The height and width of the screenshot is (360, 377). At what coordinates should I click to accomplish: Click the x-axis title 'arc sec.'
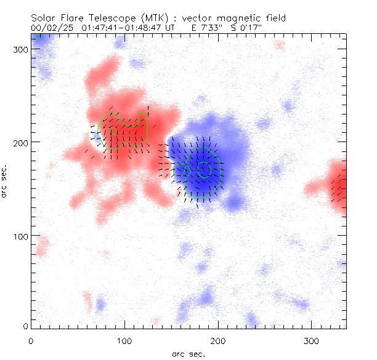(x=188, y=354)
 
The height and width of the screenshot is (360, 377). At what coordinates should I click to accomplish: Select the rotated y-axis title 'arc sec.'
(x=6, y=182)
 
